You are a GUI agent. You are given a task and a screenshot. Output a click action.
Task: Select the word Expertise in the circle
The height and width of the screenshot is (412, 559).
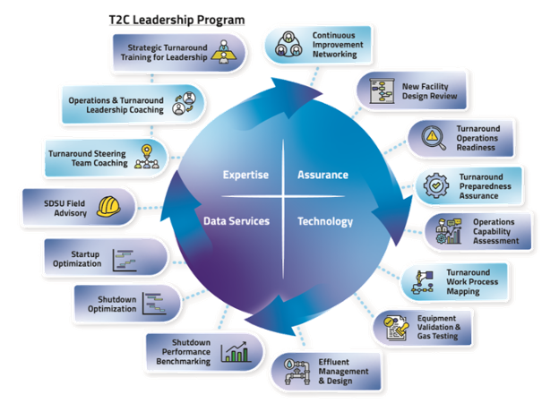245,175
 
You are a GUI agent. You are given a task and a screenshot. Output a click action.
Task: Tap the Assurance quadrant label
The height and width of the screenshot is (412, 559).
322,175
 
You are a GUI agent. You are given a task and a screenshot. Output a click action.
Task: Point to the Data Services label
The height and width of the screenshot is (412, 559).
236,220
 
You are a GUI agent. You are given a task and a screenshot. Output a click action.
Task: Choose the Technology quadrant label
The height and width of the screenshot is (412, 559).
324,221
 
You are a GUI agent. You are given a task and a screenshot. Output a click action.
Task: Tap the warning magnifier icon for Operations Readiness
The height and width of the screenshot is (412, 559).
433,137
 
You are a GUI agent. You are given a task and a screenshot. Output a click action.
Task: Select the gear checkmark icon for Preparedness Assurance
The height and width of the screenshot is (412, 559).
437,185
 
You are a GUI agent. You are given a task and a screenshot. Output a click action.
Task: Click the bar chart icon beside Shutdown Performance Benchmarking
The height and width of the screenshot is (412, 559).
236,352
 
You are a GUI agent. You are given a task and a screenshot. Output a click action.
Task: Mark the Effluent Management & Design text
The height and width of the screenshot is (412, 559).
343,372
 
